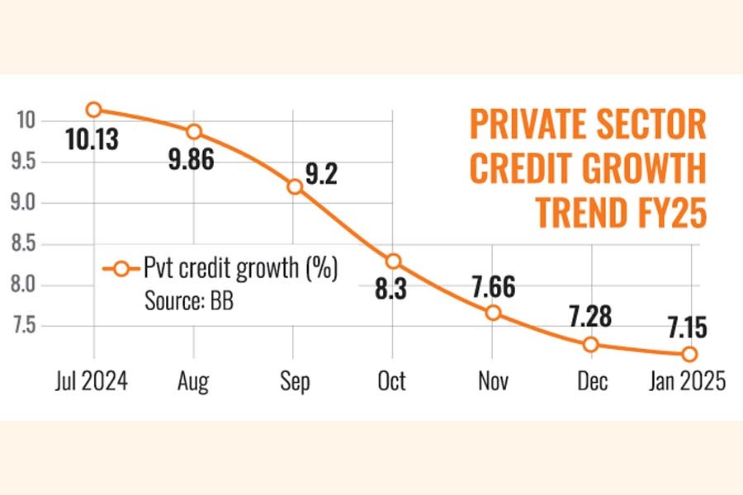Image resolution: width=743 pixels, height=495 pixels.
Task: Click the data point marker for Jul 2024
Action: click(94, 109)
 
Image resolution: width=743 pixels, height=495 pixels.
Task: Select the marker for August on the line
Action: click(194, 131)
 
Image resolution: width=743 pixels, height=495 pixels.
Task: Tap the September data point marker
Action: click(294, 186)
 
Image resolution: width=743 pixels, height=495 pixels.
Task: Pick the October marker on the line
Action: click(393, 262)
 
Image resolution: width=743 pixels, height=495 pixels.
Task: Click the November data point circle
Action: click(493, 313)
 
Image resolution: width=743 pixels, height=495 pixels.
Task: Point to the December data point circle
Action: click(592, 344)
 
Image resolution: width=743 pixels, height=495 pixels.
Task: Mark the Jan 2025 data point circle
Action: click(689, 354)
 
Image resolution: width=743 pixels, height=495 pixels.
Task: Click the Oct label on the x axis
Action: click(390, 381)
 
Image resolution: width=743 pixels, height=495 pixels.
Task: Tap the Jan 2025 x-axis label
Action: click(686, 381)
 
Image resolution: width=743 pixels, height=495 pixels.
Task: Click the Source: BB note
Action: click(189, 301)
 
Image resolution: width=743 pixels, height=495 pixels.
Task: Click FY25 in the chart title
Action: click(665, 213)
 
